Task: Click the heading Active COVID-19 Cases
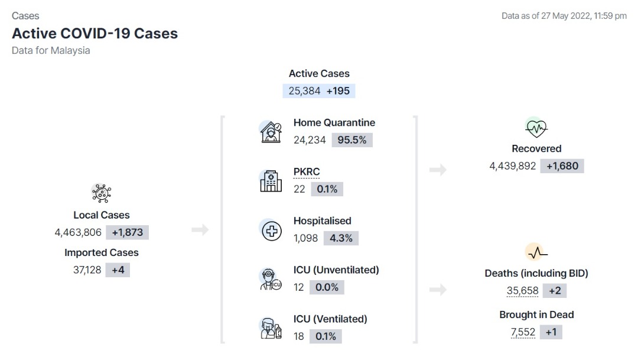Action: pyautogui.click(x=95, y=33)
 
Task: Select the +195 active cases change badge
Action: pyautogui.click(x=338, y=91)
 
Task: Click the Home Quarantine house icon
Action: pyautogui.click(x=271, y=132)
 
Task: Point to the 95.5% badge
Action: pyautogui.click(x=352, y=140)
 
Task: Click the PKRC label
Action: pyautogui.click(x=307, y=172)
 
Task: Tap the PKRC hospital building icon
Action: pyautogui.click(x=271, y=181)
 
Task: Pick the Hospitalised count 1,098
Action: pyautogui.click(x=305, y=238)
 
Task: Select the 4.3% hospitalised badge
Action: pyautogui.click(x=341, y=238)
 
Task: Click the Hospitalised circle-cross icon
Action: pyautogui.click(x=271, y=231)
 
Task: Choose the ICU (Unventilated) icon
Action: pyautogui.click(x=271, y=280)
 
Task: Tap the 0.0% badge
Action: pyautogui.click(x=327, y=287)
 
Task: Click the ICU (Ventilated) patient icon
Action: pyautogui.click(x=271, y=328)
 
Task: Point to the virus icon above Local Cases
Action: pyautogui.click(x=102, y=193)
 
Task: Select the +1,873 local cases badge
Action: pyautogui.click(x=128, y=232)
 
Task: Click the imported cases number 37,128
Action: pyautogui.click(x=87, y=270)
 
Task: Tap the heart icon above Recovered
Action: pyautogui.click(x=536, y=128)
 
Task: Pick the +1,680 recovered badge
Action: pyautogui.click(x=562, y=166)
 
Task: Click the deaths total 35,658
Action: pyautogui.click(x=522, y=291)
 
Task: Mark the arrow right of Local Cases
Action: pyautogui.click(x=200, y=230)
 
